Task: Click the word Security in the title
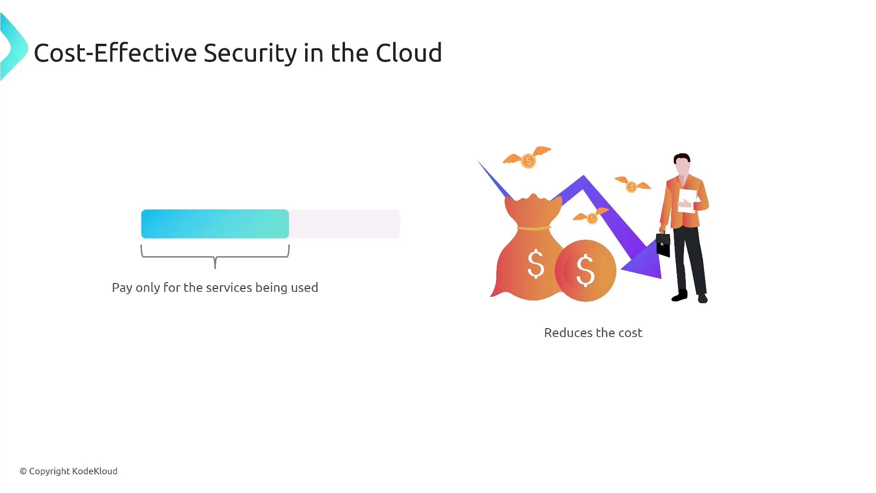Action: tap(250, 53)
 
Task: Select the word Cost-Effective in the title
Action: tap(115, 52)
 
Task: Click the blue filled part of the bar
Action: tap(215, 224)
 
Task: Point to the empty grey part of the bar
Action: tap(344, 224)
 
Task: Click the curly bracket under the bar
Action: tap(215, 257)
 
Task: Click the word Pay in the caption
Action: tap(122, 288)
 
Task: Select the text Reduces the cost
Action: tap(593, 333)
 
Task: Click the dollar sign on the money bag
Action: tap(536, 264)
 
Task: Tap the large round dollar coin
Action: tap(585, 270)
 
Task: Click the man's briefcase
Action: tap(663, 245)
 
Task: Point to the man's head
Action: tap(682, 164)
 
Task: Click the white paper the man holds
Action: tap(688, 200)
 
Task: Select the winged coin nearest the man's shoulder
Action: tap(632, 184)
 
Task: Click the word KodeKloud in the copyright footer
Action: tap(95, 471)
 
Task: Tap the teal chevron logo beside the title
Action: tap(14, 47)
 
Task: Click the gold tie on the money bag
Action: tap(534, 228)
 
